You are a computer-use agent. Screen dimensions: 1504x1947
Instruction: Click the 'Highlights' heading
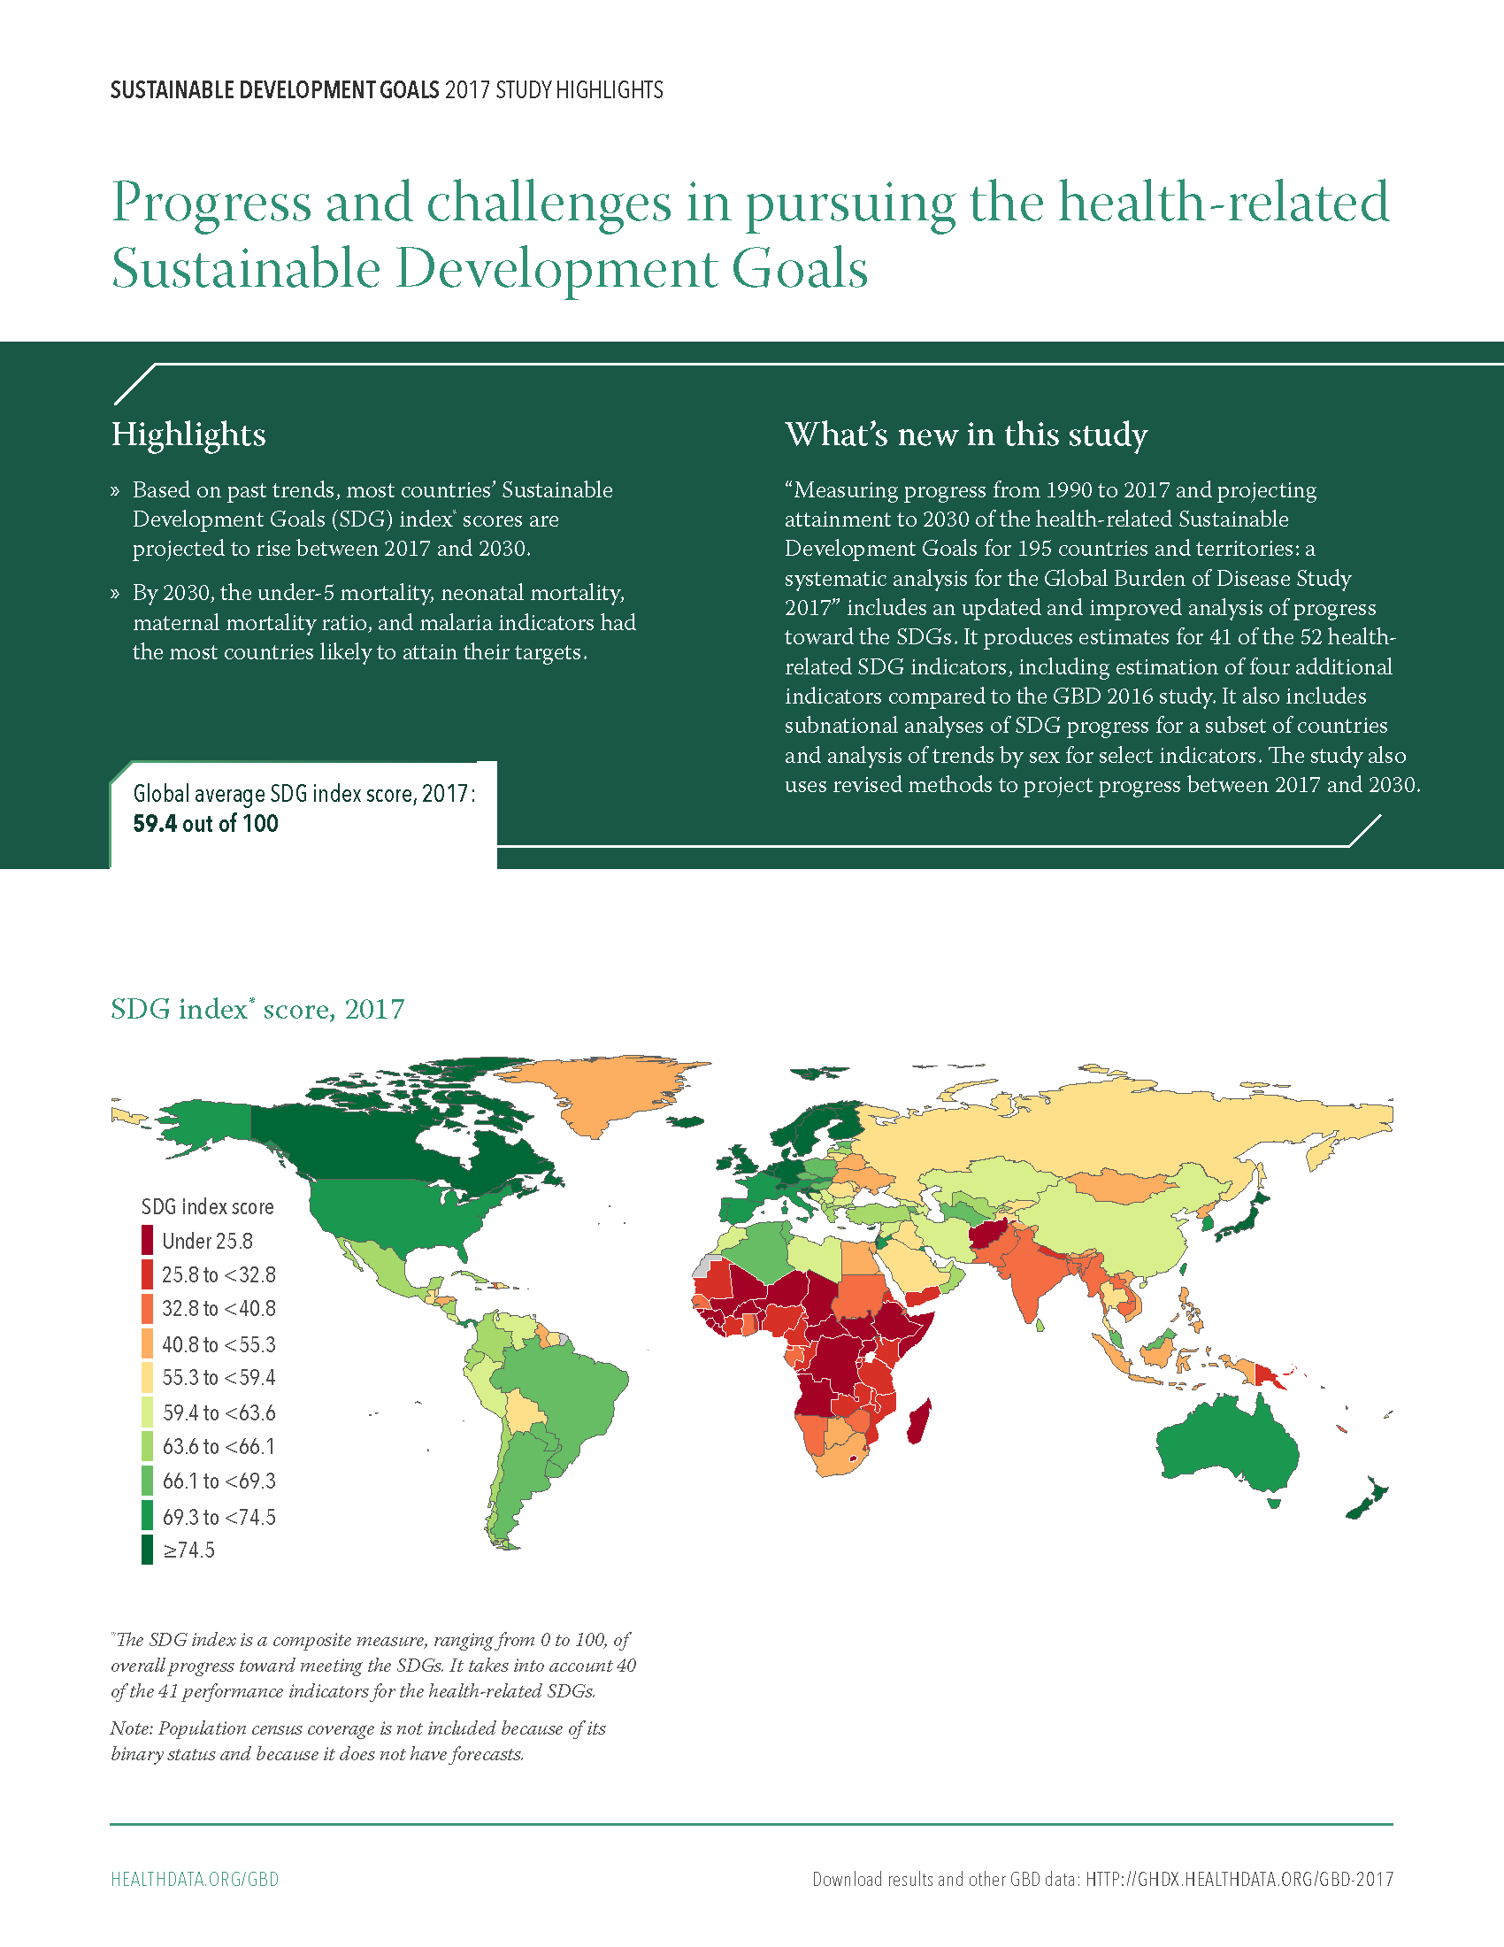click(188, 435)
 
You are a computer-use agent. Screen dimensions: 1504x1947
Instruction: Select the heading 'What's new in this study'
click(966, 435)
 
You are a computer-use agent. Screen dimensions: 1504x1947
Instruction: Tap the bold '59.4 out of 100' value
click(206, 824)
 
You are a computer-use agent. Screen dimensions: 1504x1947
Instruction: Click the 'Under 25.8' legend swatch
click(147, 1240)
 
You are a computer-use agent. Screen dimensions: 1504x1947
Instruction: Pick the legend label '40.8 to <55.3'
click(219, 1344)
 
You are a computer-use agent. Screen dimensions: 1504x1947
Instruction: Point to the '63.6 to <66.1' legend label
click(219, 1447)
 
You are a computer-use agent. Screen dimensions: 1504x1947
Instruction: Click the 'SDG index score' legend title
click(208, 1207)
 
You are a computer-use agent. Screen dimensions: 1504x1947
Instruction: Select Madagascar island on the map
click(918, 1421)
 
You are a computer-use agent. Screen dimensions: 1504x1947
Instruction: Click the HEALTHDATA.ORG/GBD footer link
click(196, 1879)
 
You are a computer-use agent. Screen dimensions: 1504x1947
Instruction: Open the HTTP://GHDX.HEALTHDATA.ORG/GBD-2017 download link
click(1239, 1879)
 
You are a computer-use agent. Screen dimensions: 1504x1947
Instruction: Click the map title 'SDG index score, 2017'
click(257, 1009)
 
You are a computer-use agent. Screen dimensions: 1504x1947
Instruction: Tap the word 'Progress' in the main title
click(212, 204)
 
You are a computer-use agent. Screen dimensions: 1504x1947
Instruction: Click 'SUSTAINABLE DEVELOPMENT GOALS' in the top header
click(274, 90)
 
